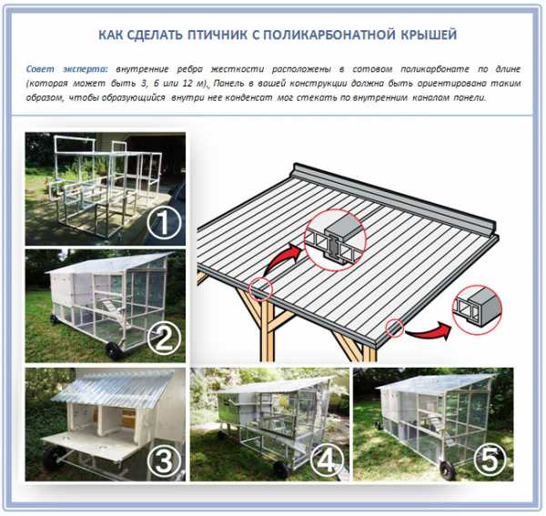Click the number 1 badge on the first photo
(x=164, y=223)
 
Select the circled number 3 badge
(x=164, y=461)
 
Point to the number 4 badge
(x=328, y=461)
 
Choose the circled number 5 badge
(x=490, y=460)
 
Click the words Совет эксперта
(x=67, y=69)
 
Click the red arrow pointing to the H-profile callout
(x=280, y=259)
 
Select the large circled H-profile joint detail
(x=334, y=240)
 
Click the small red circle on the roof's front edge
(x=260, y=288)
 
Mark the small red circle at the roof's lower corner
(x=394, y=328)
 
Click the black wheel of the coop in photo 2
(x=115, y=350)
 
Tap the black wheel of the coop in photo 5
(x=448, y=469)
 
